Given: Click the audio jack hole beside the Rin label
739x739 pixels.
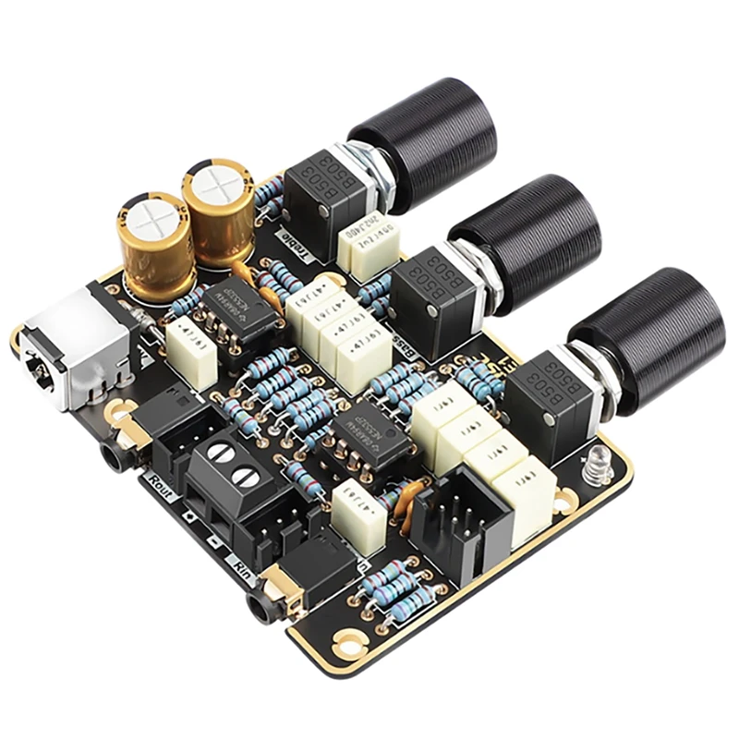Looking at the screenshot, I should (x=260, y=610).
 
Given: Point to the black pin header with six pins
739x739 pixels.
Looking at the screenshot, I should (x=454, y=527).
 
